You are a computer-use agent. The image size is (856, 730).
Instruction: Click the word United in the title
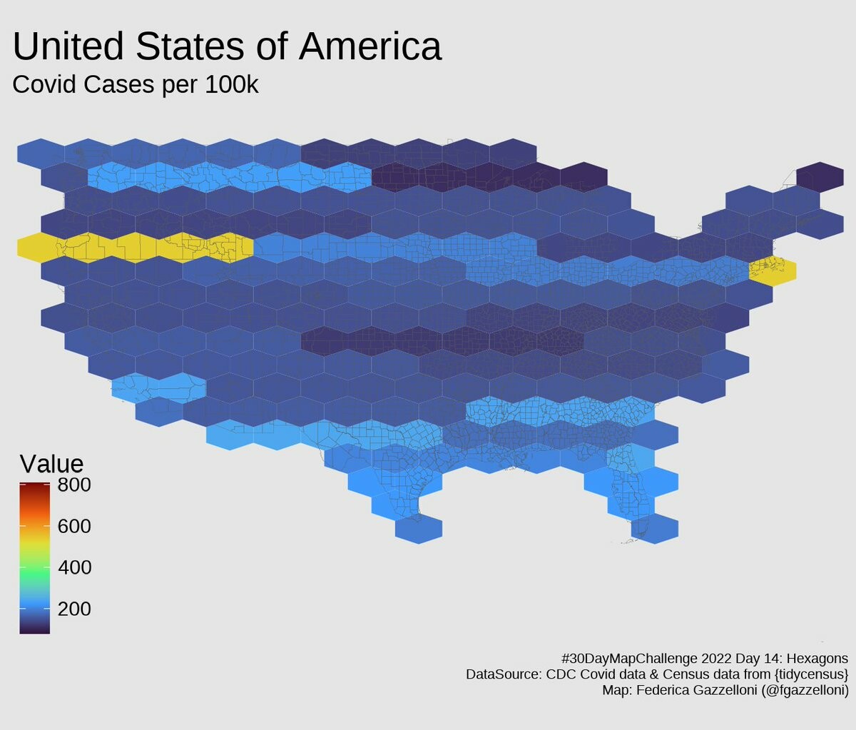pos(68,46)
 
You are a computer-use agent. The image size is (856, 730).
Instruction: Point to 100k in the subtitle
pos(232,85)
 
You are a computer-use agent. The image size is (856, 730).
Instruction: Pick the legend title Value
pos(51,464)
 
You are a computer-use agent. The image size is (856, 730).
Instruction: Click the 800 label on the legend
pos(74,485)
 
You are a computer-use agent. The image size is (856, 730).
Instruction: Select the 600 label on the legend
pos(74,526)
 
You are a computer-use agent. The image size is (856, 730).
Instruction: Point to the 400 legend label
pos(74,567)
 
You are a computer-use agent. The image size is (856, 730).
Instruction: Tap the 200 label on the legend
pos(74,609)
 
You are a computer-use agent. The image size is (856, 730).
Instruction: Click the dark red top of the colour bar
pos(34,486)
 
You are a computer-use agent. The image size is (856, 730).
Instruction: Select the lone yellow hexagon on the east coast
pos(773,271)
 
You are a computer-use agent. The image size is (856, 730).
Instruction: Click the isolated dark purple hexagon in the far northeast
pos(820,177)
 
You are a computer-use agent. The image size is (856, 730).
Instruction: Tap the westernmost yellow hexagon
pos(40,247)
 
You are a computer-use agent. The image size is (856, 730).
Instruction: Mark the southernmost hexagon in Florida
pos(654,528)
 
